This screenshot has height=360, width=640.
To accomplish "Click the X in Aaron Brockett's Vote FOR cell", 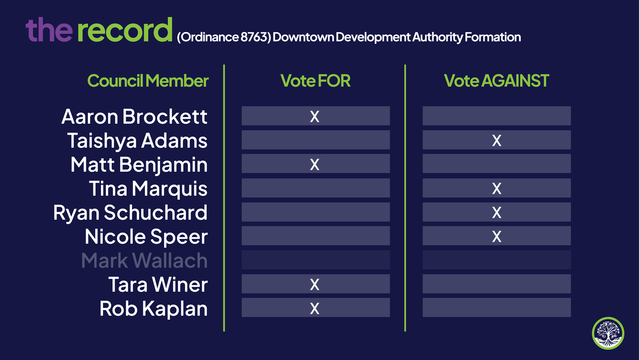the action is [315, 116].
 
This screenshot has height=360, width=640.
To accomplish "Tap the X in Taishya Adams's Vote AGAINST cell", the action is [497, 140].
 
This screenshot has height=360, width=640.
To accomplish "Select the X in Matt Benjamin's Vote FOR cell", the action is [315, 164].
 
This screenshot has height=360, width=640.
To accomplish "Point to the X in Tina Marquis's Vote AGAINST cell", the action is [497, 188].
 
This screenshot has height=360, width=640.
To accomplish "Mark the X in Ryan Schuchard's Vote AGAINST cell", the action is [497, 212].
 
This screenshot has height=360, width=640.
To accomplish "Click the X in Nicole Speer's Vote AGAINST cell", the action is [497, 236].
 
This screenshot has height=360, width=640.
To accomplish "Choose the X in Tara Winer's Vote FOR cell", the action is [315, 284].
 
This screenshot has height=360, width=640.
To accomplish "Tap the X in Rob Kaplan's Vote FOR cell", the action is [315, 308].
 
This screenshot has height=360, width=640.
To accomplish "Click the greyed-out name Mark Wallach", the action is [144, 260].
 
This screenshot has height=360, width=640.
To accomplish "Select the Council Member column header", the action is [148, 81].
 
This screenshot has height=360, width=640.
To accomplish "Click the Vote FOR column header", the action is [315, 81].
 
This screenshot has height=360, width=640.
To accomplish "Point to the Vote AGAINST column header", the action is [496, 81].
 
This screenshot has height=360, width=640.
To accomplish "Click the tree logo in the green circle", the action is [608, 333].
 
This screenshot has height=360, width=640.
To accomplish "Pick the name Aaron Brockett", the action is [134, 116].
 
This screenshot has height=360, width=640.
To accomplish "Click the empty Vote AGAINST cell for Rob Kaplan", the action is [497, 307].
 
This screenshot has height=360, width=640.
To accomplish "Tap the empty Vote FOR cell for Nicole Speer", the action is [316, 236].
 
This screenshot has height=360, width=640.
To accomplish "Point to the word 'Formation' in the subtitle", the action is [493, 37].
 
